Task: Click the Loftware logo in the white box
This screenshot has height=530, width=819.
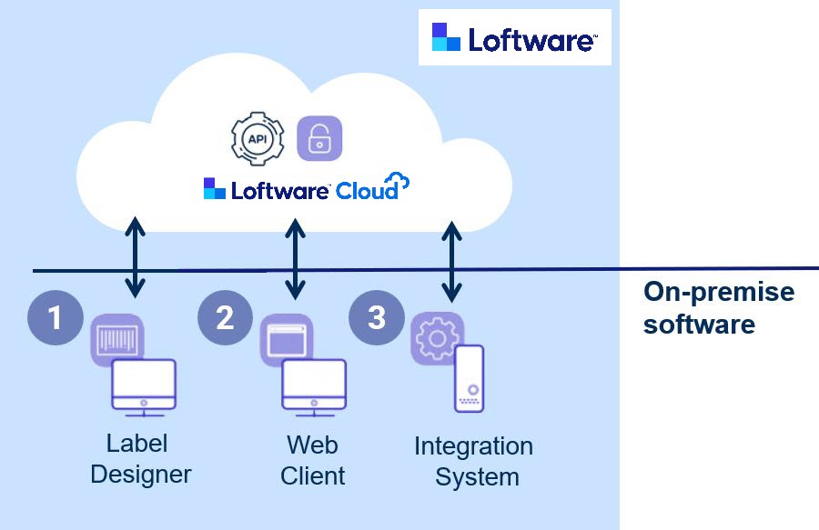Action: [x=514, y=38]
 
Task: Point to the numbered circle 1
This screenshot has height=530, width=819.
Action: [x=56, y=317]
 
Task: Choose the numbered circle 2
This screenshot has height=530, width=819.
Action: [x=225, y=317]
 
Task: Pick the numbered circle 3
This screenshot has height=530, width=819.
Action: [x=376, y=317]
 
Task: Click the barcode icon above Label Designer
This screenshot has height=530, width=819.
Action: [x=118, y=339]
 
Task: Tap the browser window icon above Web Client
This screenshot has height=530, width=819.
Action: [x=286, y=339]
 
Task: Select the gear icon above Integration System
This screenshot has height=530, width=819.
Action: [x=437, y=337]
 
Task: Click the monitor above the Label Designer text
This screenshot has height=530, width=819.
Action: [x=144, y=385]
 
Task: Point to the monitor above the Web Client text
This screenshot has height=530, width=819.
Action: [x=313, y=385]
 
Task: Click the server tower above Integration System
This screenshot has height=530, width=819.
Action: [x=470, y=377]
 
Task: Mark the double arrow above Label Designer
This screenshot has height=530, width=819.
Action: [x=136, y=257]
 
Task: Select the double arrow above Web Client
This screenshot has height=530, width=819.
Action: [x=294, y=257]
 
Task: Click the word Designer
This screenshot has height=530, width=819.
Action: [x=141, y=474]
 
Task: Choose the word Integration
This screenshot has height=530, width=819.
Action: [x=473, y=446]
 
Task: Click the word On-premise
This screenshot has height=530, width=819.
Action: [x=719, y=293]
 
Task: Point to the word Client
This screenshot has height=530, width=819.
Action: [x=313, y=475]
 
